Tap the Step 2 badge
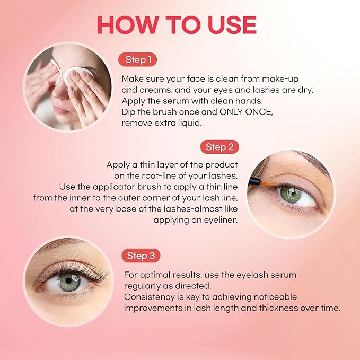[219, 147]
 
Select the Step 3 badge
[141, 256]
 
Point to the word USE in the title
[231, 25]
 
